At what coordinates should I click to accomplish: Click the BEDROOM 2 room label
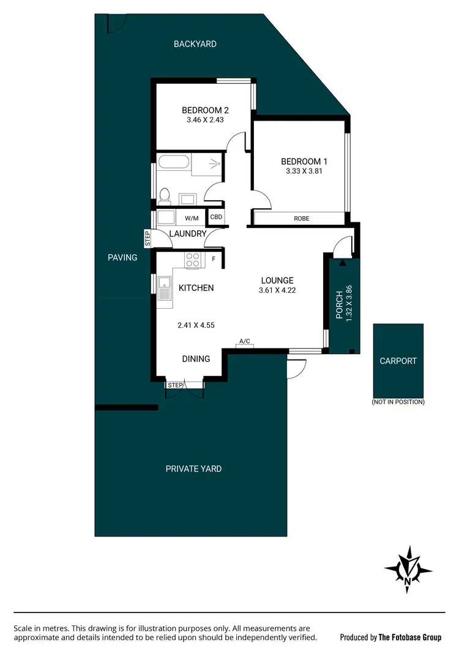(x=205, y=110)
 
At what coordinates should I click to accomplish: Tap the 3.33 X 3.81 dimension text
(x=304, y=172)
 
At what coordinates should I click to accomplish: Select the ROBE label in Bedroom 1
(x=301, y=217)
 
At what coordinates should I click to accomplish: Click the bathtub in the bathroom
(x=174, y=164)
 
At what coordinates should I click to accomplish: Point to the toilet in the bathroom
(x=164, y=195)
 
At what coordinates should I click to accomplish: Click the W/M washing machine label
(x=192, y=217)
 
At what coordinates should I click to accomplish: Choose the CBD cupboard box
(x=216, y=217)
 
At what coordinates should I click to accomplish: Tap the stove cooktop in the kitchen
(x=193, y=260)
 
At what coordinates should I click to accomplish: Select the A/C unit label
(x=245, y=341)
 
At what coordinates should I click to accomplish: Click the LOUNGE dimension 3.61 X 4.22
(x=277, y=290)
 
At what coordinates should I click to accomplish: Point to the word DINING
(x=196, y=359)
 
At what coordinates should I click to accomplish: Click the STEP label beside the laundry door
(x=147, y=239)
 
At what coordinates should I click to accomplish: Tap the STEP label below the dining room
(x=175, y=385)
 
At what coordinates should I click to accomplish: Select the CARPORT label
(x=398, y=361)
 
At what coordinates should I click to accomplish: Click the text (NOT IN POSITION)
(x=398, y=402)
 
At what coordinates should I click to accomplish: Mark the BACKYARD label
(x=195, y=44)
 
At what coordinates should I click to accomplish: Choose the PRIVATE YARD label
(x=193, y=469)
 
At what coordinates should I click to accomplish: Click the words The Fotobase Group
(x=409, y=637)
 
